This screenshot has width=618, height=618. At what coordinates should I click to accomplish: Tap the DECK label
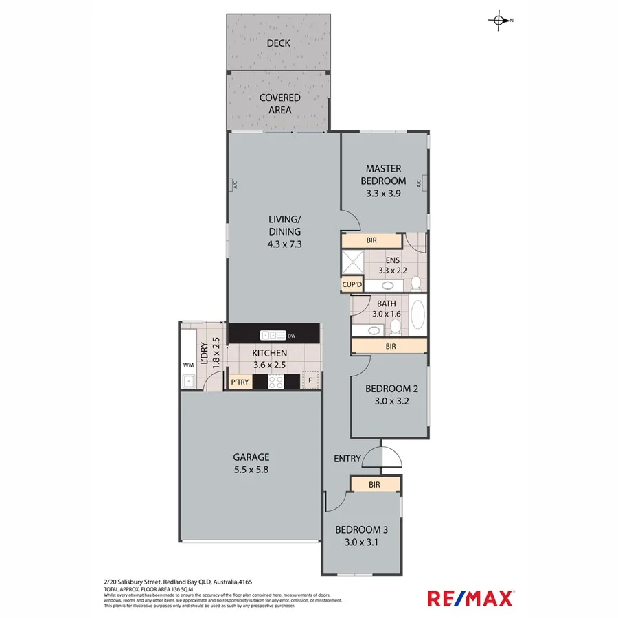278,43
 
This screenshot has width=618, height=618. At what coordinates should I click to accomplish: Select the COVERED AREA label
279,104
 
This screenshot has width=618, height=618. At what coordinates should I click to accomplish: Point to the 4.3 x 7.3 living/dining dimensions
285,244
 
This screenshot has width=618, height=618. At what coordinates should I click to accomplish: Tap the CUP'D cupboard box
352,284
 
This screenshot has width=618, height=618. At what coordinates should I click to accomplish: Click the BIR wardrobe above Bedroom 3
375,485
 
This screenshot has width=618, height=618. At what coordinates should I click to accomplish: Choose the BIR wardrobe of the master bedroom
371,241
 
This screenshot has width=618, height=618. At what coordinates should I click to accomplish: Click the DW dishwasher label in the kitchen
291,336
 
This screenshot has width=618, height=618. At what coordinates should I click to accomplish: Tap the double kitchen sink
273,335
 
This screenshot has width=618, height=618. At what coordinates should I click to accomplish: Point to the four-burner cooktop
276,382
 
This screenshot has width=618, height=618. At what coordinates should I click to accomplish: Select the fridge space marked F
310,381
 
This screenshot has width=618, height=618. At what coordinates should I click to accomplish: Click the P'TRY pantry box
240,382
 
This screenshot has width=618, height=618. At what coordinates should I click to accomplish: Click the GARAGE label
251,457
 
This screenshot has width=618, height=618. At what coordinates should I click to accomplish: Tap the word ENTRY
347,459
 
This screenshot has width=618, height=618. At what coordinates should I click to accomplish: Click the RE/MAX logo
471,598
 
